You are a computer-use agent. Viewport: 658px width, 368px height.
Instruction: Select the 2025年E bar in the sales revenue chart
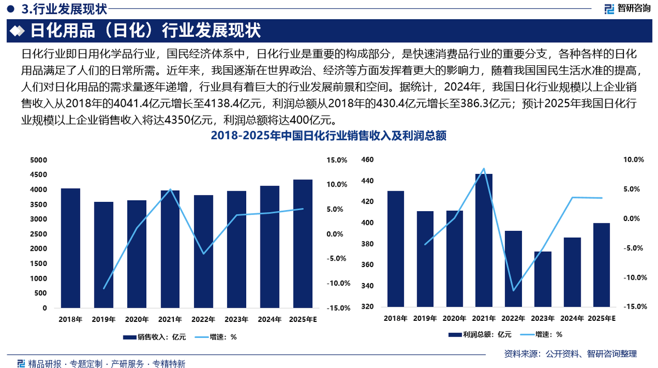303,244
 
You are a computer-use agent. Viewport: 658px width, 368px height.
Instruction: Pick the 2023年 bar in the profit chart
543,279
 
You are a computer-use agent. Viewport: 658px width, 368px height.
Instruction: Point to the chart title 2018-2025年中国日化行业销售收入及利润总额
328,137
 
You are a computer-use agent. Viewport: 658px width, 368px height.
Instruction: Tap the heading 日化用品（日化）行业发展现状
145,31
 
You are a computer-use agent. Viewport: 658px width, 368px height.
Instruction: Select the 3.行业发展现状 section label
64,9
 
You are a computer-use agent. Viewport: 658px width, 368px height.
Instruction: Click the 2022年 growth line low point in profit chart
513,291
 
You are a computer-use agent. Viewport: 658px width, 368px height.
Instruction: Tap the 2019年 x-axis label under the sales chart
103,319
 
